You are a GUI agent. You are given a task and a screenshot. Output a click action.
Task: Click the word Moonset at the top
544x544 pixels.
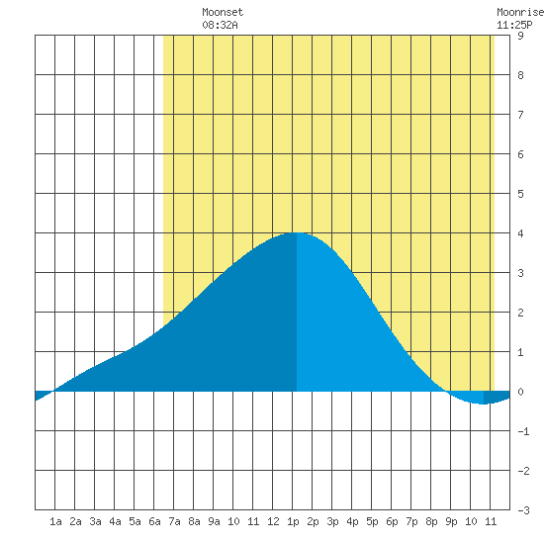[x=223, y=13]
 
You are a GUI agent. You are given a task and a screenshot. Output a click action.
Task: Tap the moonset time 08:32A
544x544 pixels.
[x=220, y=25]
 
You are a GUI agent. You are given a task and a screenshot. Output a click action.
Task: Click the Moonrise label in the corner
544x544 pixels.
[x=520, y=13]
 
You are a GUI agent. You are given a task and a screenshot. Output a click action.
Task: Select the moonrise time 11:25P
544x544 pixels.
[x=514, y=25]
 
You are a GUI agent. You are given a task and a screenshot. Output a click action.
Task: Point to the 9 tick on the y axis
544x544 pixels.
[x=520, y=36]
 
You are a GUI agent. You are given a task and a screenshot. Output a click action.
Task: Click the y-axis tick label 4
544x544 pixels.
[x=520, y=233]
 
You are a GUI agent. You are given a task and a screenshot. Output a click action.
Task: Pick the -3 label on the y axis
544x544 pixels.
[x=523, y=510]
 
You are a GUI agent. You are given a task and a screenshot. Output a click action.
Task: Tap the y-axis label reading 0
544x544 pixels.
[x=520, y=392]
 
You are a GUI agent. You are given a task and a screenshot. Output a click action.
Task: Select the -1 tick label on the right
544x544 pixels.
[x=523, y=431]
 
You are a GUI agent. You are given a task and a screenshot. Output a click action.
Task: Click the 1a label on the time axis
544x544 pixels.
[x=55, y=521]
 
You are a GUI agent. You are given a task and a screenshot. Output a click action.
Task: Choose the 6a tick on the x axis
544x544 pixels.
[x=154, y=521]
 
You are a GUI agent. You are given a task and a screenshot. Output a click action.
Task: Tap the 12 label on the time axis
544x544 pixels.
[x=273, y=521]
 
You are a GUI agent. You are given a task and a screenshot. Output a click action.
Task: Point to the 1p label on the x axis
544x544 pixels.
[x=293, y=522]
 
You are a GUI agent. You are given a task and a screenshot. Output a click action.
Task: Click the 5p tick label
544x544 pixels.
[x=372, y=522]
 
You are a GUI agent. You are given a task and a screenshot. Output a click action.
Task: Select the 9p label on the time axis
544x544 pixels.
[x=451, y=522]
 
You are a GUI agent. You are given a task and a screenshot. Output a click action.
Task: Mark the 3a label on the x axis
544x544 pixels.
[x=95, y=521]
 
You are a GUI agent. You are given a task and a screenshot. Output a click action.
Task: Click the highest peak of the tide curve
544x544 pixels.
[x=297, y=232]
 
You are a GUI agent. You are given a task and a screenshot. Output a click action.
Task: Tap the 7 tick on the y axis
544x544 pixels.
[x=520, y=115]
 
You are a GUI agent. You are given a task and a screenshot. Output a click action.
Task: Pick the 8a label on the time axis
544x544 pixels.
[x=194, y=521]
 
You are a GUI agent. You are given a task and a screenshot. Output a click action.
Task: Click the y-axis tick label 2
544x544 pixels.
[x=520, y=313]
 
